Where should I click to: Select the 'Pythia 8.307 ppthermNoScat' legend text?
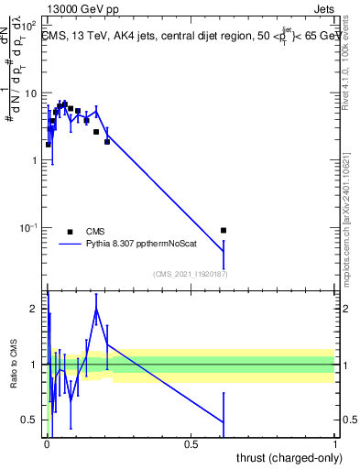[x=134, y=245]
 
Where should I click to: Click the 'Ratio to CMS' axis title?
[x=15, y=386]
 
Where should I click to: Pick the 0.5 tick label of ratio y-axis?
[x=29, y=421]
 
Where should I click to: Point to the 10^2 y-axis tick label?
[x=28, y=26]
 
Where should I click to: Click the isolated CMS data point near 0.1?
[x=224, y=231]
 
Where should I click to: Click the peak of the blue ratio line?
[x=96, y=309]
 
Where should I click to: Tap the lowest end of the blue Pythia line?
[x=224, y=251]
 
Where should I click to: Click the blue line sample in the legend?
[x=70, y=245]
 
